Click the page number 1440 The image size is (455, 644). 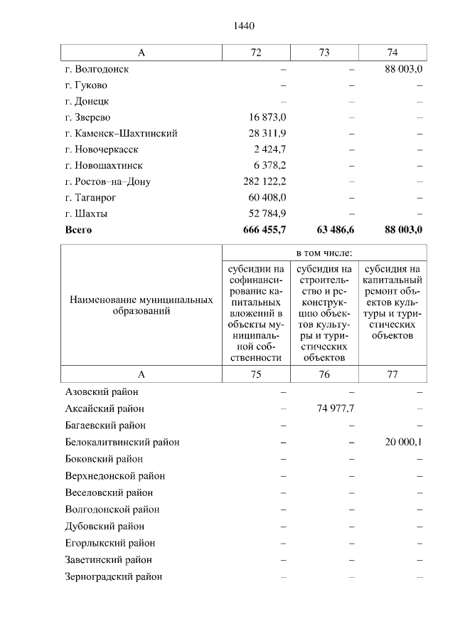click(244, 26)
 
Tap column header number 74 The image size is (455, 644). click(392, 53)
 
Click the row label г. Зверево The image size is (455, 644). click(87, 117)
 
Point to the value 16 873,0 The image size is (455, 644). click(267, 117)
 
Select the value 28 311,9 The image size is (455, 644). click(267, 134)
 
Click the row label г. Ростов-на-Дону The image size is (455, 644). click(107, 181)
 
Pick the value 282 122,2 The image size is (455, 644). click(264, 181)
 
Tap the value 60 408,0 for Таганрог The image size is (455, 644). click(267, 198)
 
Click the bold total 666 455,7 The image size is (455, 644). click(264, 230)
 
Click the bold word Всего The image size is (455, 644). click(78, 230)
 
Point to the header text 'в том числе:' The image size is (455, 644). click(324, 253)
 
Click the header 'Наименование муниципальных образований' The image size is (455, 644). click(141, 306)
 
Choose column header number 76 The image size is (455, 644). click(324, 375)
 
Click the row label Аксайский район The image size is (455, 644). click(105, 408)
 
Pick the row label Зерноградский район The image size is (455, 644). click(113, 576)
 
